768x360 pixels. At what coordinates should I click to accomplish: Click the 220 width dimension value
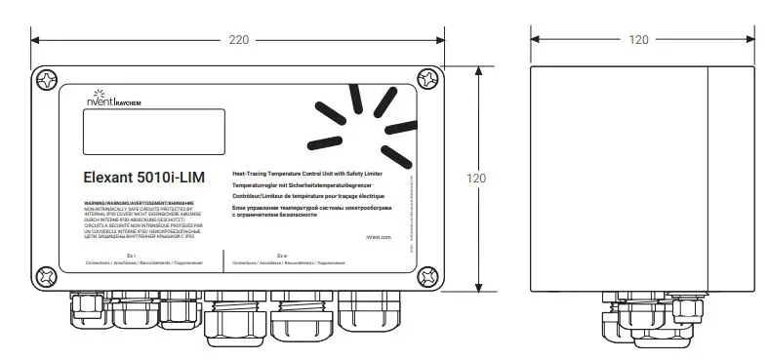pyautogui.click(x=237, y=41)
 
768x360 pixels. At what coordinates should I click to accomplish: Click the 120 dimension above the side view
pyautogui.click(x=638, y=41)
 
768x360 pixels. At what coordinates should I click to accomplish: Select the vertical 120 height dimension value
pyautogui.click(x=475, y=179)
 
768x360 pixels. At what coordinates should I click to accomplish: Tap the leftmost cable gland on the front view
pyautogui.click(x=82, y=310)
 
